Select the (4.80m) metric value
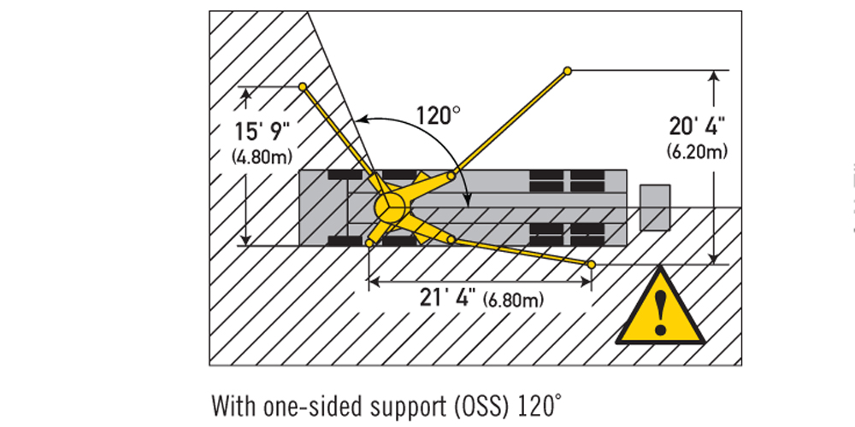click(262, 156)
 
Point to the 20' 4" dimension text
click(698, 126)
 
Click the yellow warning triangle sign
click(659, 309)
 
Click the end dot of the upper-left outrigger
click(303, 86)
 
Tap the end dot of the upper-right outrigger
click(567, 70)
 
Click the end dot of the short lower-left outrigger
click(369, 244)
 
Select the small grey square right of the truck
click(655, 207)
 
